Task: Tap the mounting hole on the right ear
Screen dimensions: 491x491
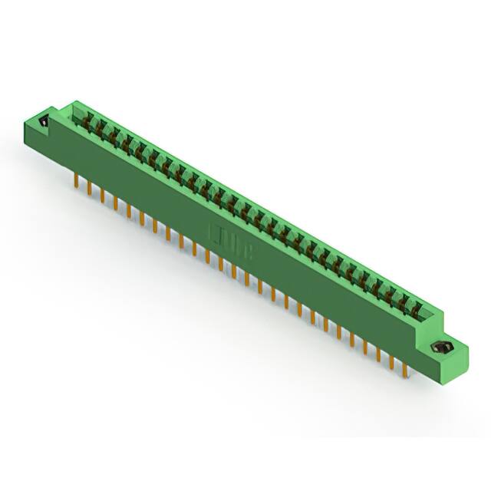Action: pos(443,348)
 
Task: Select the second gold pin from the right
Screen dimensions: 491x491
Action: pos(392,360)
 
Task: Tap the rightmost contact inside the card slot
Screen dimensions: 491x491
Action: pos(417,310)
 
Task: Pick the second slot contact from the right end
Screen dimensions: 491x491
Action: pos(404,303)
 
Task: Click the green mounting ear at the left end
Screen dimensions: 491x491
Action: pos(38,127)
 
